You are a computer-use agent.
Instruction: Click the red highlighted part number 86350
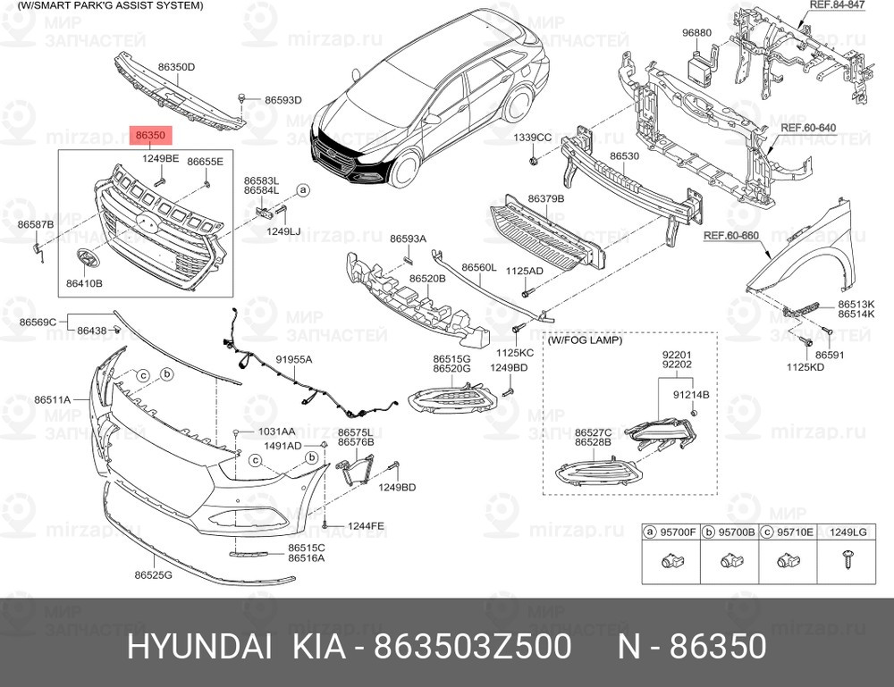coord(150,136)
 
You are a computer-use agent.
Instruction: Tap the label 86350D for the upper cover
coord(176,67)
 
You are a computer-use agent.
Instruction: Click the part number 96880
coord(696,33)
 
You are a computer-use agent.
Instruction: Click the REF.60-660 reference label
coord(730,236)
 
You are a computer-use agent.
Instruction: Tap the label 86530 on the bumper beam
coord(624,156)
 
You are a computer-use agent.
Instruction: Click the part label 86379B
coord(545,198)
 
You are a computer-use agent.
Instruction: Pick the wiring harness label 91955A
coord(293,359)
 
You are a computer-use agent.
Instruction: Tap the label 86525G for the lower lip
coord(153,576)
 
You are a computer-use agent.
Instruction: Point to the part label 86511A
coord(52,399)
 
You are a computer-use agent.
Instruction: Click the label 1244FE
coord(367,526)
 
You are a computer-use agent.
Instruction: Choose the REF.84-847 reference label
coord(836,5)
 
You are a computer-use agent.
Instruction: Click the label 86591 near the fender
coord(829,355)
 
